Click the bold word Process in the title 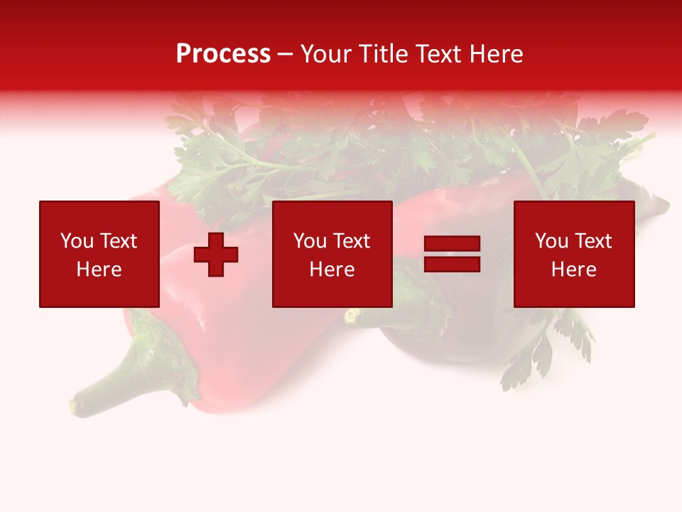(223, 54)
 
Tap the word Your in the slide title (328, 54)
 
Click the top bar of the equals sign (452, 243)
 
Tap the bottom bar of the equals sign (452, 264)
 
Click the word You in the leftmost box (77, 241)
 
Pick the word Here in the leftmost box (99, 270)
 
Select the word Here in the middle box (332, 270)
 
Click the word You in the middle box (310, 241)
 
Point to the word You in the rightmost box (551, 241)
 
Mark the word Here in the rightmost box (573, 270)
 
